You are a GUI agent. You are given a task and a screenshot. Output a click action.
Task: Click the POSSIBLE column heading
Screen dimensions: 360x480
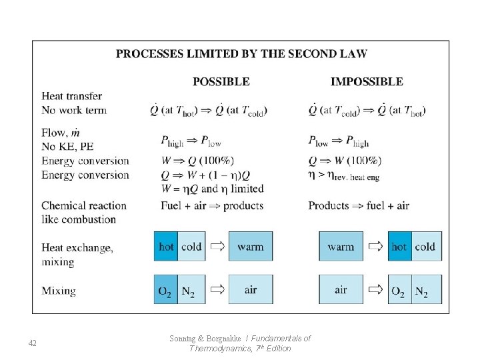[221, 82]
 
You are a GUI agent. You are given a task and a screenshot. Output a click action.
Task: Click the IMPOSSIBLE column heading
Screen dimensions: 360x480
[367, 82]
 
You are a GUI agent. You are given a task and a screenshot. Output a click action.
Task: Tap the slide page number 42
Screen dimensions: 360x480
[33, 343]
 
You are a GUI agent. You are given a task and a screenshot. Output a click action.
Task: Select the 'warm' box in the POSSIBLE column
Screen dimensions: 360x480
[251, 247]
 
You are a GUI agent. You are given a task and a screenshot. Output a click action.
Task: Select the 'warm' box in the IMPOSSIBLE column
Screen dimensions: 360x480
[341, 247]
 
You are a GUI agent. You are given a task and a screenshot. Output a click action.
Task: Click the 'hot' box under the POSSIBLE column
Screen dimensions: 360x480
[167, 247]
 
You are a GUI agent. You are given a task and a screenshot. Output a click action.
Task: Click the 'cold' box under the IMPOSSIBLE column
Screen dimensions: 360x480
[425, 247]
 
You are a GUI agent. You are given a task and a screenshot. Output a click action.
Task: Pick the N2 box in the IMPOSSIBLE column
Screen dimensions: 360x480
[422, 291]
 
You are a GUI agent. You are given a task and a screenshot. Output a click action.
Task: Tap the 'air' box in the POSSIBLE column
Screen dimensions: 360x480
[251, 291]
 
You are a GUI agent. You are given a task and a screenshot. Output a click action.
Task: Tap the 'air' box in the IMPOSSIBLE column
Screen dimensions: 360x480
[341, 291]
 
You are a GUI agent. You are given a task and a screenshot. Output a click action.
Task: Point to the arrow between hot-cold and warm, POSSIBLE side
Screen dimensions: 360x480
[216, 247]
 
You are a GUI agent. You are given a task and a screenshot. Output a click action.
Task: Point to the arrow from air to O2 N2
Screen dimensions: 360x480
[375, 291]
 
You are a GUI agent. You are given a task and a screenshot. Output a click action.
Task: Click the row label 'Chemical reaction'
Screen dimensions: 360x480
[83, 205]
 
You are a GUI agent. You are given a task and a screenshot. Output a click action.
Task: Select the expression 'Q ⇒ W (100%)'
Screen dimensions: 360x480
[344, 161]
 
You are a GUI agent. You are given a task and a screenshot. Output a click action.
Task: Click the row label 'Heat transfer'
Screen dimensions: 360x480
[71, 96]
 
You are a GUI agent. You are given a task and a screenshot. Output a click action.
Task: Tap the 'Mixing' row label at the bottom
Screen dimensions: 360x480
[59, 291]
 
